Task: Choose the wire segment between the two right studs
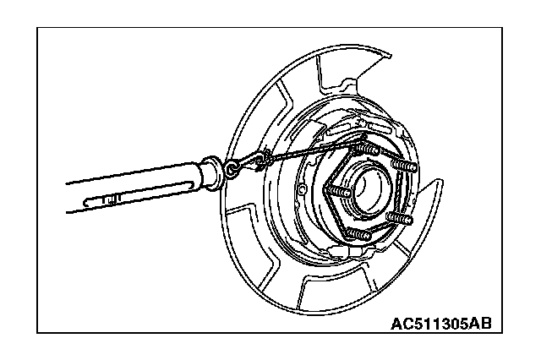click(404, 193)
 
